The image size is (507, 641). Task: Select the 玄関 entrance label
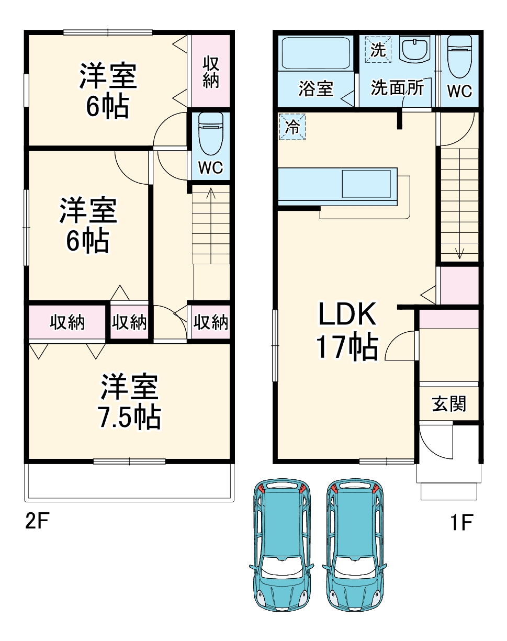(x=449, y=403)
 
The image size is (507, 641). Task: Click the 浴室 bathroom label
(x=316, y=88)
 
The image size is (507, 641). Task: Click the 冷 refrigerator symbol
(x=292, y=127)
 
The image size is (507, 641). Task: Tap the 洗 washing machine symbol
(x=378, y=50)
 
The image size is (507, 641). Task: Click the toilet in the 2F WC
(x=211, y=134)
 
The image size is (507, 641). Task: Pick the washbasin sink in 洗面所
(x=415, y=50)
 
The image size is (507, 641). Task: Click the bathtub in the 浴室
(x=316, y=53)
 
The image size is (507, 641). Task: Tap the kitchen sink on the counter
(x=367, y=184)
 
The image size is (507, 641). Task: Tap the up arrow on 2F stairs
(x=211, y=194)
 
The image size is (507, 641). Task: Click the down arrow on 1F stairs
(x=459, y=253)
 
